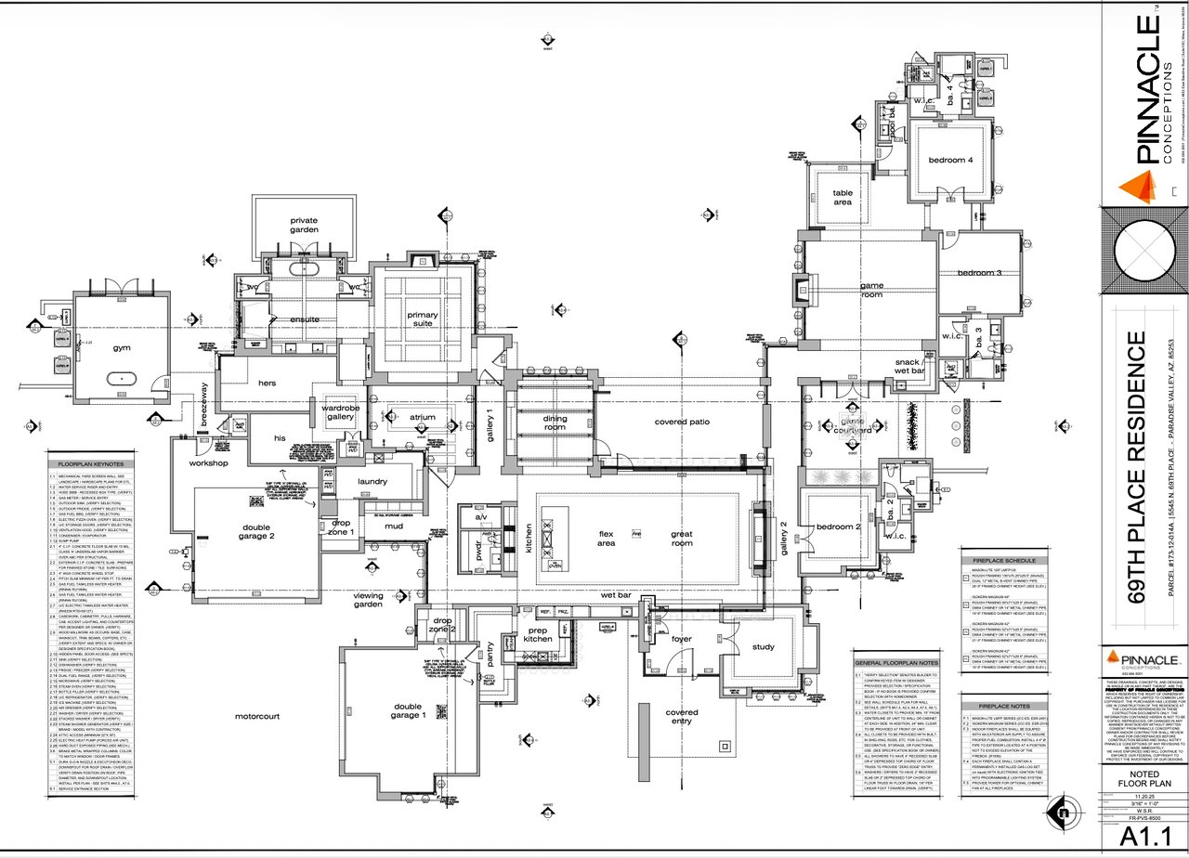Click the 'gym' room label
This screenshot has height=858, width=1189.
(x=123, y=347)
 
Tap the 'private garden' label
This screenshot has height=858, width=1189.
(x=304, y=225)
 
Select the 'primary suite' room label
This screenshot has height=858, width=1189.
(x=423, y=319)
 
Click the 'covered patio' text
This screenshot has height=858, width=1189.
(x=682, y=422)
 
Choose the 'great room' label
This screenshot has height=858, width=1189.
(x=682, y=538)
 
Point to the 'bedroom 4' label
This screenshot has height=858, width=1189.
(x=950, y=161)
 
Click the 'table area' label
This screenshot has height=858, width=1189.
(x=842, y=197)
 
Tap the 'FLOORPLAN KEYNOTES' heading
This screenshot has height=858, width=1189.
(x=94, y=463)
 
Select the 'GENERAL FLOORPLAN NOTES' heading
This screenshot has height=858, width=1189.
(x=896, y=663)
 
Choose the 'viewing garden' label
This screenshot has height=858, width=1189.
(x=368, y=601)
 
